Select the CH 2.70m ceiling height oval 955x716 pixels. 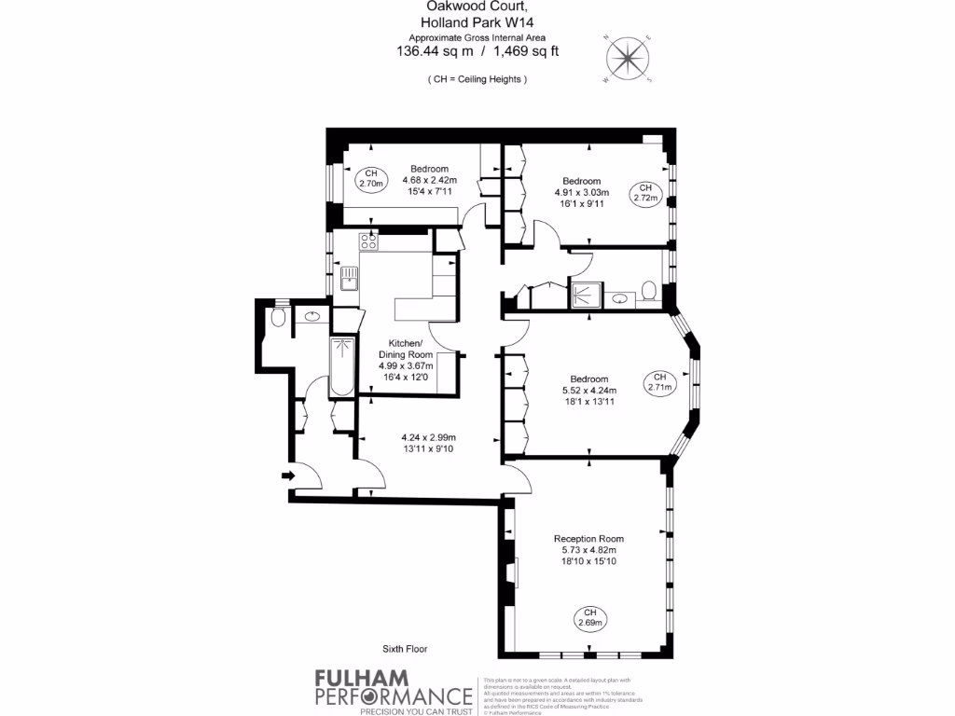(x=370, y=178)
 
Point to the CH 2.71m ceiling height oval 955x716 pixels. (x=659, y=381)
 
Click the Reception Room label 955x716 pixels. (x=588, y=539)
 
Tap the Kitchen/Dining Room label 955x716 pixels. (x=406, y=349)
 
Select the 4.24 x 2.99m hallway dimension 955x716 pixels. (x=429, y=437)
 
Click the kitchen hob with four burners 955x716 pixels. (x=368, y=242)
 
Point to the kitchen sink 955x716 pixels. (x=349, y=278)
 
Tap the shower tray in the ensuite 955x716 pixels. (x=586, y=295)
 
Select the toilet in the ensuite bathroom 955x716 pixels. (x=650, y=294)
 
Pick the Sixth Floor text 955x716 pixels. (x=405, y=649)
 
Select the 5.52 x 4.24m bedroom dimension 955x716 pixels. (x=588, y=391)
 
